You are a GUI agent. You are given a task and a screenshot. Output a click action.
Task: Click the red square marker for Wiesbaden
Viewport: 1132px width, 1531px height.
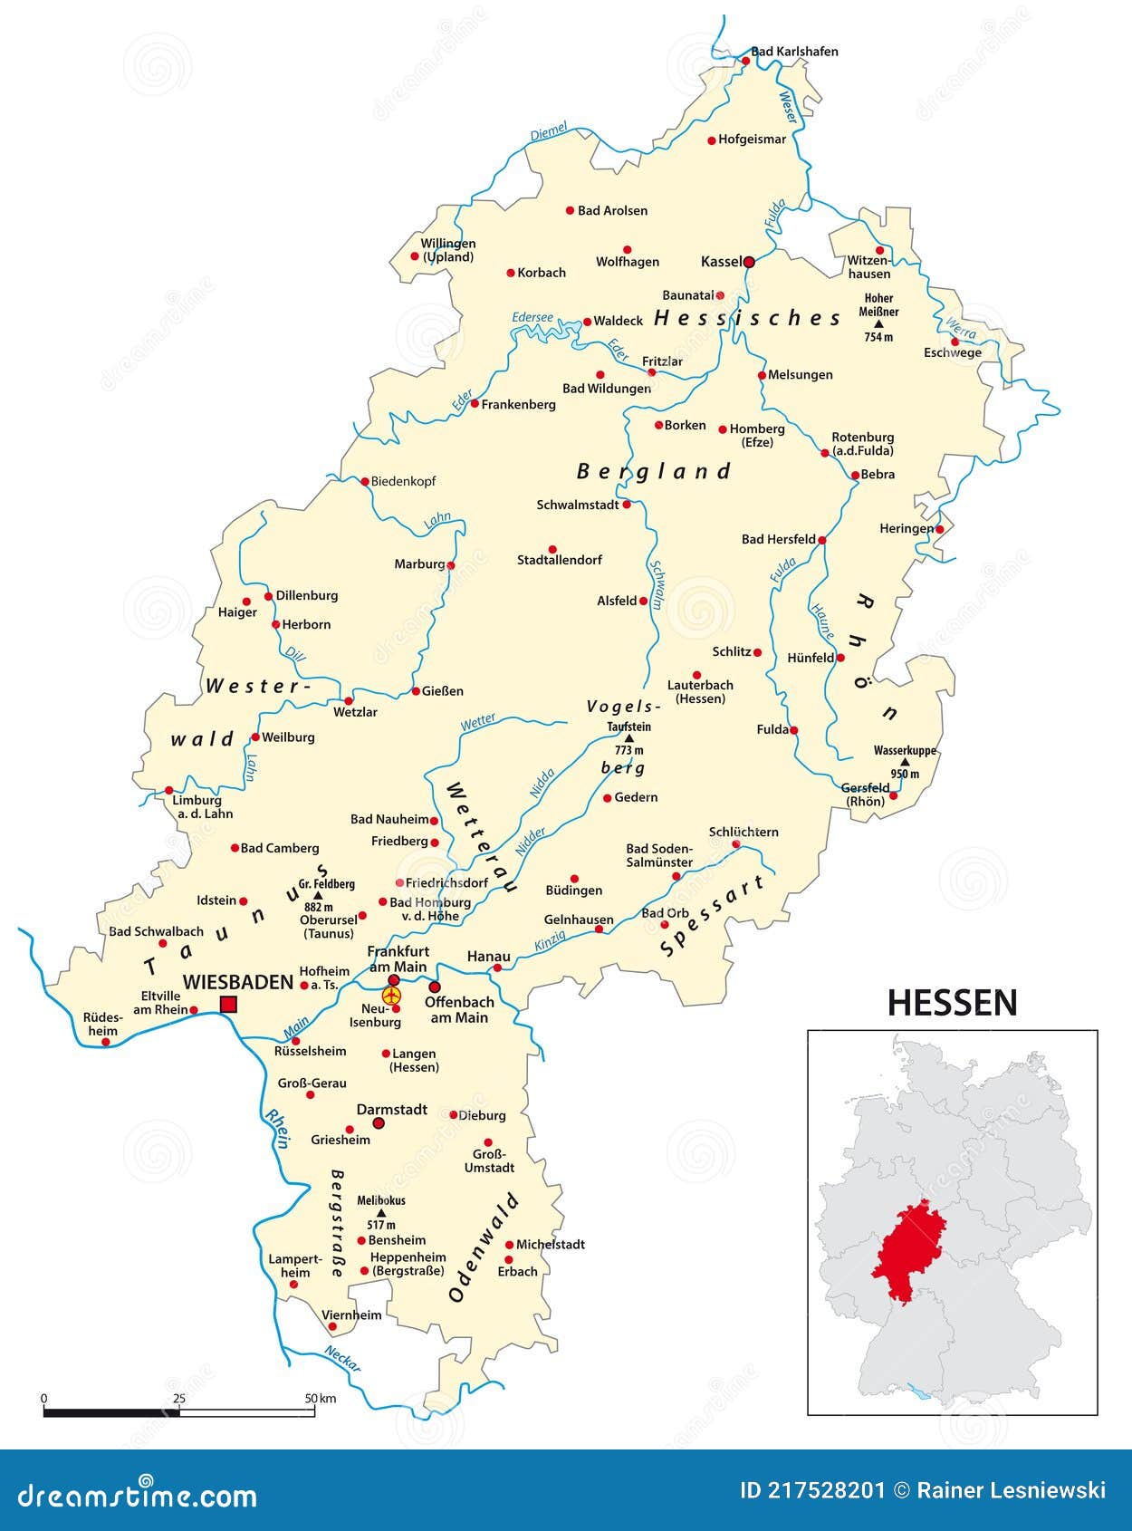tap(228, 1004)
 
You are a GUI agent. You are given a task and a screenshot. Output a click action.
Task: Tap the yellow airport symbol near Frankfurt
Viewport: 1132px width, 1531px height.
tap(391, 996)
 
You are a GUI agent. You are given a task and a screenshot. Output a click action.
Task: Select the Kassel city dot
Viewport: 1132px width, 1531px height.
tap(749, 262)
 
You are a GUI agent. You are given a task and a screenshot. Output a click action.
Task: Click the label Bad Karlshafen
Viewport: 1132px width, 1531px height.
tap(794, 52)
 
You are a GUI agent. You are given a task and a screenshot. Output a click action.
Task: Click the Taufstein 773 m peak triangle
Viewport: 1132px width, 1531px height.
tap(629, 738)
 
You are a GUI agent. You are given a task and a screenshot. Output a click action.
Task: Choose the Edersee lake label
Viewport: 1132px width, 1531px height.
tap(532, 317)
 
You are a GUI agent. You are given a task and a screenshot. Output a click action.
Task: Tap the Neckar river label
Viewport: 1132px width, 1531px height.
tap(342, 1358)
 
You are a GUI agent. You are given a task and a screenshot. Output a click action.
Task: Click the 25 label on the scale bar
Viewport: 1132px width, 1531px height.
tap(179, 1398)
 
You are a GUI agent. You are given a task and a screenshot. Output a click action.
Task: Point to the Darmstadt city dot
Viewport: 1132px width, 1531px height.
tap(379, 1123)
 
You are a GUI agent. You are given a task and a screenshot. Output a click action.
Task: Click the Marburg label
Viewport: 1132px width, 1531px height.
tap(419, 563)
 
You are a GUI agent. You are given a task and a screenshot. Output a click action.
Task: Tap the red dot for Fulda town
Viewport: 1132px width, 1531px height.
tap(794, 730)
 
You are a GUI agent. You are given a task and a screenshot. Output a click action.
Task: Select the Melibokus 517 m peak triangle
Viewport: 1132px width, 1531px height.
tap(380, 1213)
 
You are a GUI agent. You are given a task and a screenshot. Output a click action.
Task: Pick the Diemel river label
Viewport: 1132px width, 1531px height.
tap(548, 131)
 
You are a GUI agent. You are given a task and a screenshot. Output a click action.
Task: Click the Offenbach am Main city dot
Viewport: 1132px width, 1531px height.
tap(435, 987)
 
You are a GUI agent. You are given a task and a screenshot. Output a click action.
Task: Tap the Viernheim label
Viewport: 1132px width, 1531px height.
tap(351, 1314)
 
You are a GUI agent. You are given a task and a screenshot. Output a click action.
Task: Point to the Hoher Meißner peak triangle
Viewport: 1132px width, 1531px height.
tap(878, 323)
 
